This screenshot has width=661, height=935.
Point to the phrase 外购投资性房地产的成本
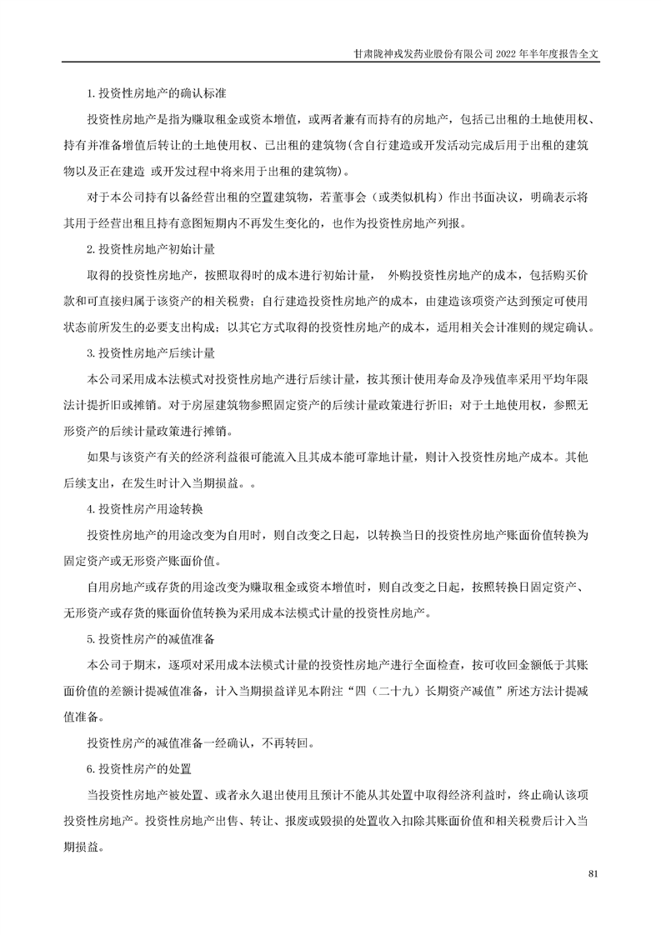point(449,275)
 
